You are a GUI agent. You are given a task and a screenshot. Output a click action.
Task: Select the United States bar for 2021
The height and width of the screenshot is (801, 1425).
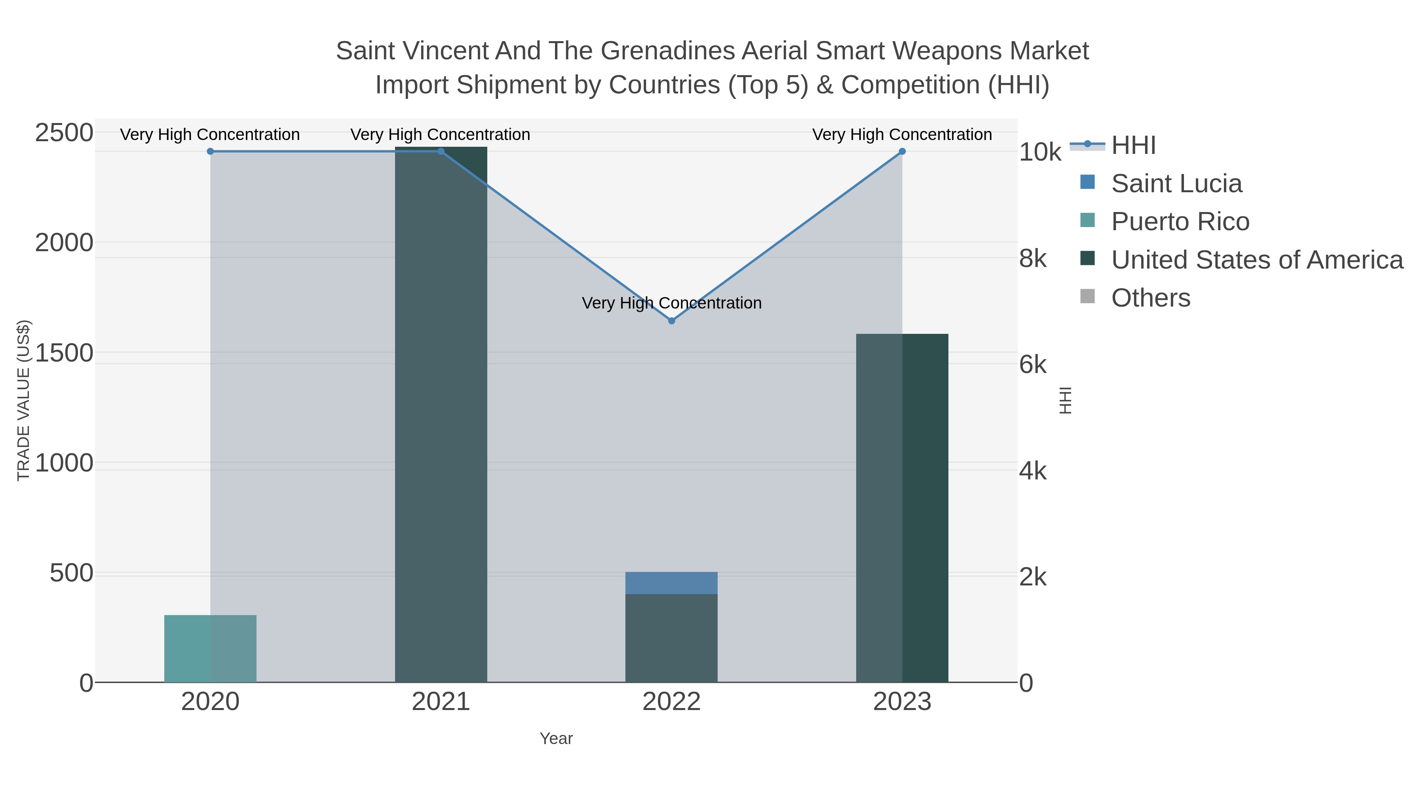coord(441,415)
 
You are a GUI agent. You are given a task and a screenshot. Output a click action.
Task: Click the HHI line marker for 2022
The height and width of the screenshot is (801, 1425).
coord(672,321)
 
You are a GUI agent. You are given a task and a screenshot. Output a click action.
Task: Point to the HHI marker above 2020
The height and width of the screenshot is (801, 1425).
coord(210,151)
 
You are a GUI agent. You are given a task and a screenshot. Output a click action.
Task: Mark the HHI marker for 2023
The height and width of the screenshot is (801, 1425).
coord(902,151)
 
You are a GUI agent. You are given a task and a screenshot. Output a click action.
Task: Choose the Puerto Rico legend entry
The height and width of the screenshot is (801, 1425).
coord(1180,222)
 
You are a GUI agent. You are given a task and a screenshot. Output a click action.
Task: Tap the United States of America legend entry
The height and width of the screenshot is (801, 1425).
coord(1257,260)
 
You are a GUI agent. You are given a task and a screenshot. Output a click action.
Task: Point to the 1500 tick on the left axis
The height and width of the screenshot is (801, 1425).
coord(64,353)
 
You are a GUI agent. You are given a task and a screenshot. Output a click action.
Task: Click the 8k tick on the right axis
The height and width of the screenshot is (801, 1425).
coord(1033,259)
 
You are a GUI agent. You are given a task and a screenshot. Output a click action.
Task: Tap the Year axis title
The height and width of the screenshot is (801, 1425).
coord(556,739)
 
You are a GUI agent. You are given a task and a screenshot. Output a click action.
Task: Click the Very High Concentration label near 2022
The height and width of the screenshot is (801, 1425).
coord(672,303)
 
